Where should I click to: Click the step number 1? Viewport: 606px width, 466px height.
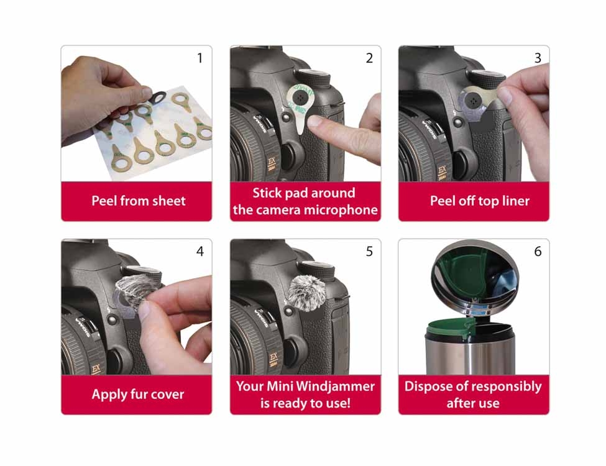pyautogui.click(x=200, y=58)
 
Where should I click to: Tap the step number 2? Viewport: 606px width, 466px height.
pyautogui.click(x=369, y=58)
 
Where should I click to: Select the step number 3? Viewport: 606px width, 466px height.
pyautogui.click(x=538, y=58)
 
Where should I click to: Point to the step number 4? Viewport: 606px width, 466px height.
pyautogui.click(x=200, y=251)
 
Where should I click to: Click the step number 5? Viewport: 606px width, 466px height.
pyautogui.click(x=369, y=251)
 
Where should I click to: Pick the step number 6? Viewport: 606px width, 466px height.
pyautogui.click(x=538, y=251)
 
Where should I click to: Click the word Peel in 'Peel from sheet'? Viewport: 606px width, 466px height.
pyautogui.click(x=104, y=201)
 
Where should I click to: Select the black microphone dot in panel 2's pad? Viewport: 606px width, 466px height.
pyautogui.click(x=300, y=98)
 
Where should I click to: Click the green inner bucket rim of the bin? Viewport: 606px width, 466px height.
pyautogui.click(x=451, y=324)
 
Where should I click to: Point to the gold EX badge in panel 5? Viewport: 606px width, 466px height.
pyautogui.click(x=273, y=359)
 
